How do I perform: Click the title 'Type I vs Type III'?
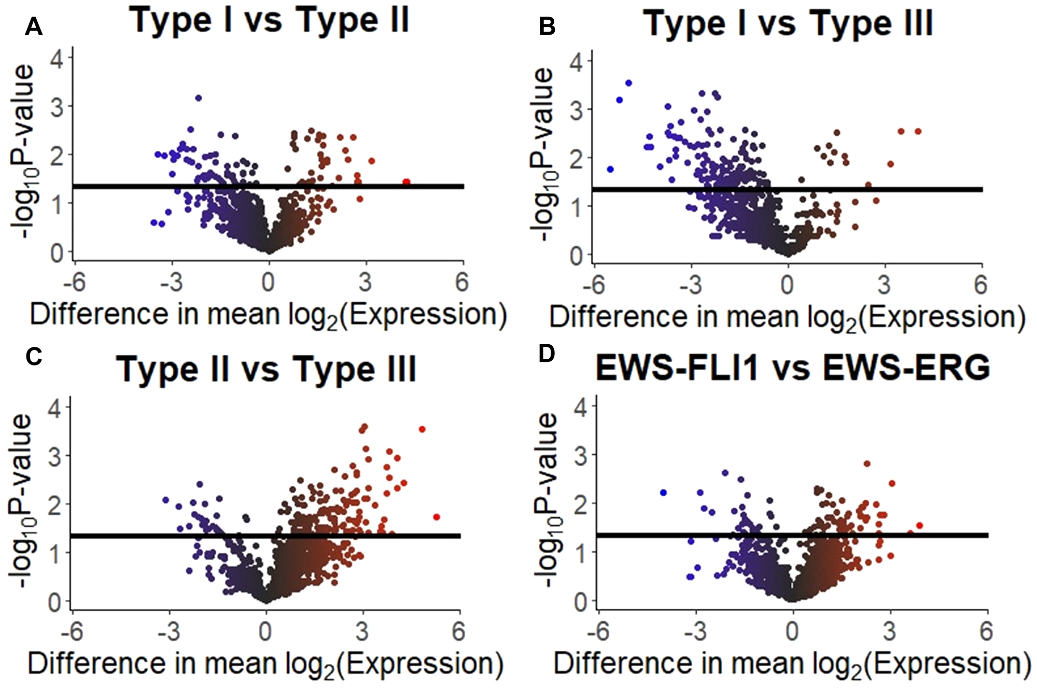coord(788,23)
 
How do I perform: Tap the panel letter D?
coord(546,354)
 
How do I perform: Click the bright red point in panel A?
coord(407,182)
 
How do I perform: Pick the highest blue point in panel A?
coord(198,98)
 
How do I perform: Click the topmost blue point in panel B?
coord(629,83)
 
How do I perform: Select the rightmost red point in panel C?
coord(437,517)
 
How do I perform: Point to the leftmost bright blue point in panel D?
coord(663,493)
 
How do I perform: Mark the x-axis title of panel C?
coord(265,664)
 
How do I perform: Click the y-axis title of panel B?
coord(542,156)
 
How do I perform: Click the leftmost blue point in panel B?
coord(610,170)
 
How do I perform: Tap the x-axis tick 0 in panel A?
coord(268,283)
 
